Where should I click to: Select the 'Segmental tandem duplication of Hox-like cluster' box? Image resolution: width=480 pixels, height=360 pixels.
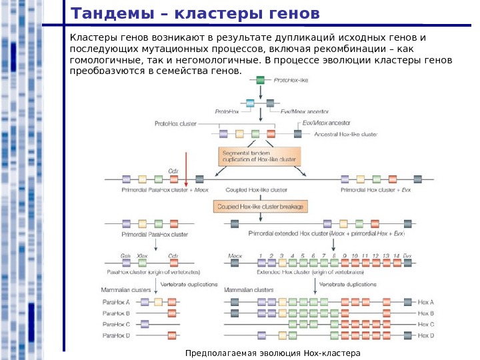[x=260, y=157]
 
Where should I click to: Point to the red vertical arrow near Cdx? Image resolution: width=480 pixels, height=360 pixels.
[x=187, y=167]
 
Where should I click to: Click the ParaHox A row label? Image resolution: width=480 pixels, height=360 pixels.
[x=115, y=302]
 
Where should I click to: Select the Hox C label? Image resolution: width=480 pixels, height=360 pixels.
[x=425, y=324]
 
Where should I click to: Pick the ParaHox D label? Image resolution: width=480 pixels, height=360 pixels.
[x=115, y=335]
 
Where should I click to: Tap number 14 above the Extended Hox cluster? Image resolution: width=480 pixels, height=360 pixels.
[x=397, y=255]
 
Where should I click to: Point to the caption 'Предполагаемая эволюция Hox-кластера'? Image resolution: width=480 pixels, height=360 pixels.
[x=273, y=353]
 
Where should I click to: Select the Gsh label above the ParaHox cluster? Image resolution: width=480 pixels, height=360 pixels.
[x=125, y=255]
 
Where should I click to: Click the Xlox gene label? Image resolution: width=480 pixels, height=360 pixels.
[x=141, y=255]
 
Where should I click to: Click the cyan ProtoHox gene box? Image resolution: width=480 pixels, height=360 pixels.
[x=251, y=103]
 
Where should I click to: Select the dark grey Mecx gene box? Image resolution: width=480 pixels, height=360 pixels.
[x=235, y=263]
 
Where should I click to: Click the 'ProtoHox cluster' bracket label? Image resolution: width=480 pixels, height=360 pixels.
[x=175, y=123]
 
